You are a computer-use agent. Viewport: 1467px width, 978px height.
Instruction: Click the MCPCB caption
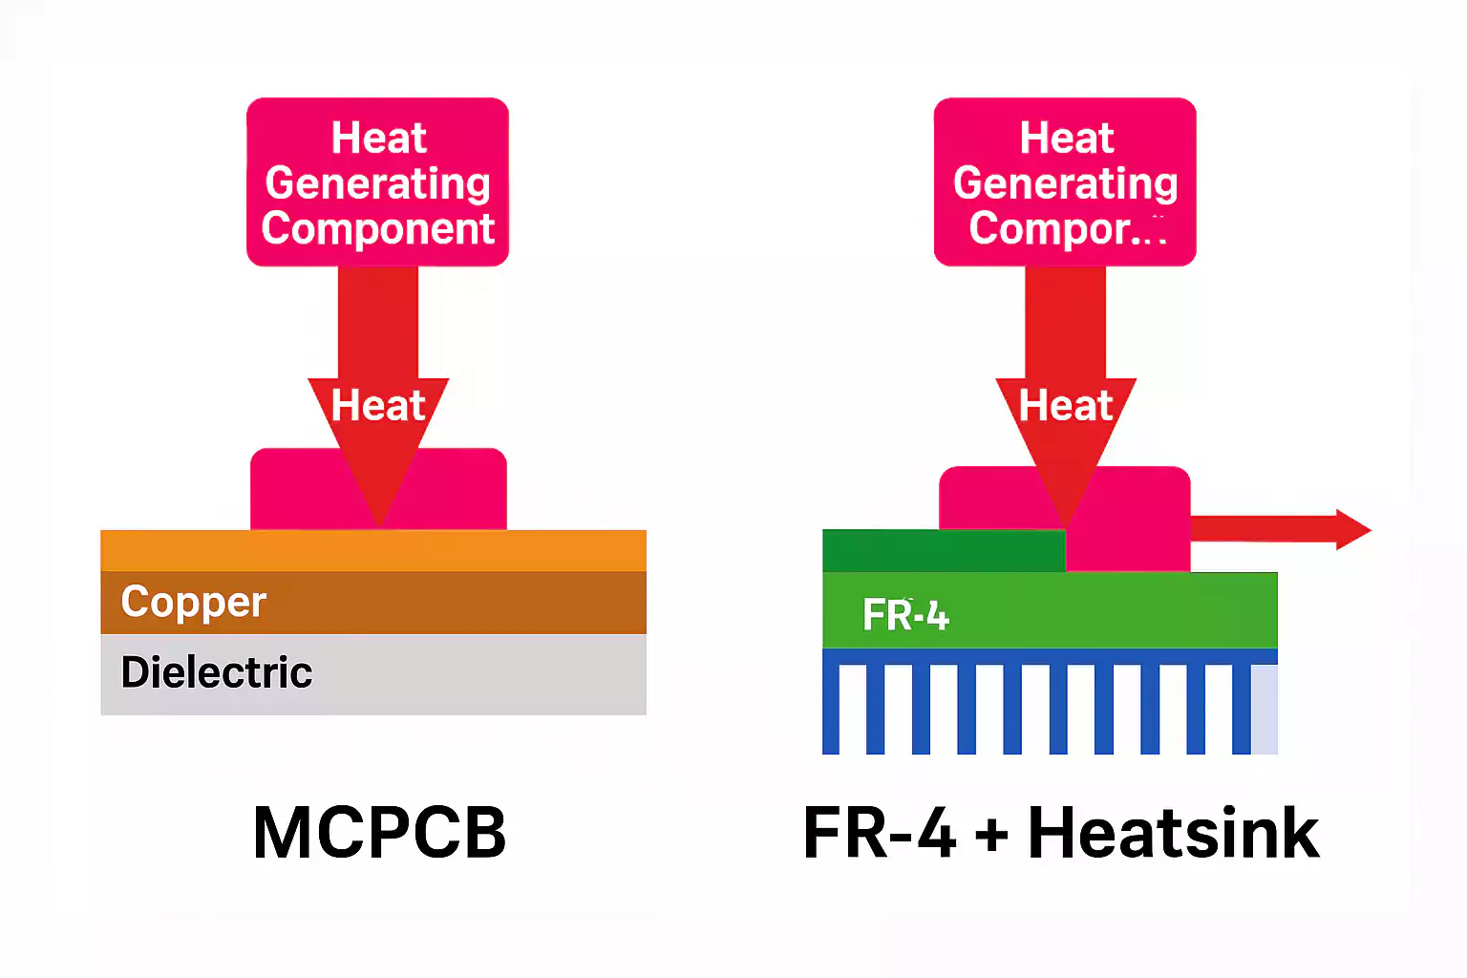[379, 833]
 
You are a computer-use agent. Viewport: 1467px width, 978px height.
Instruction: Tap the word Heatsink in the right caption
[1173, 833]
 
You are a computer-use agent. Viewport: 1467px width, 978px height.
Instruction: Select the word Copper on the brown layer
[193, 602]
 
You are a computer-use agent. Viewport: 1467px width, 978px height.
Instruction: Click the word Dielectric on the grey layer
[217, 672]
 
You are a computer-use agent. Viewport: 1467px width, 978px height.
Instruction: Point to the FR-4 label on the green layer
[905, 615]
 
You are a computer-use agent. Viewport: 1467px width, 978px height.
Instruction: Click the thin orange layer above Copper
[373, 550]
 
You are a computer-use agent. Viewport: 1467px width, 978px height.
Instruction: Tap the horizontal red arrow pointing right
[1280, 529]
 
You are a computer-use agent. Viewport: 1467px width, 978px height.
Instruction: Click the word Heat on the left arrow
[378, 406]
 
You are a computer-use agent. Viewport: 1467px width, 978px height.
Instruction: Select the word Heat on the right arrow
[1066, 406]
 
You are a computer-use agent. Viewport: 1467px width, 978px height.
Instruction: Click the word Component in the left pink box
[378, 228]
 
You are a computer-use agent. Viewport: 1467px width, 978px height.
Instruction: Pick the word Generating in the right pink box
[1066, 182]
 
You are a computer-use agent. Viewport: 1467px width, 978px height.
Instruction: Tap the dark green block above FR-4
[944, 551]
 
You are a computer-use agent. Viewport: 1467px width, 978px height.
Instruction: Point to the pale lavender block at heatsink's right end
[1265, 709]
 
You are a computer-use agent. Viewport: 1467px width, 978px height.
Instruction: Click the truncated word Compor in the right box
[1051, 228]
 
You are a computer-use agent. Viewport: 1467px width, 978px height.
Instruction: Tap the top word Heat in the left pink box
[378, 138]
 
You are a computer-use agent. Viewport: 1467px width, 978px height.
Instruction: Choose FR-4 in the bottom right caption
[880, 833]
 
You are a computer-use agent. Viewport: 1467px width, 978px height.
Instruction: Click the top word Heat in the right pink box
[1066, 138]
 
